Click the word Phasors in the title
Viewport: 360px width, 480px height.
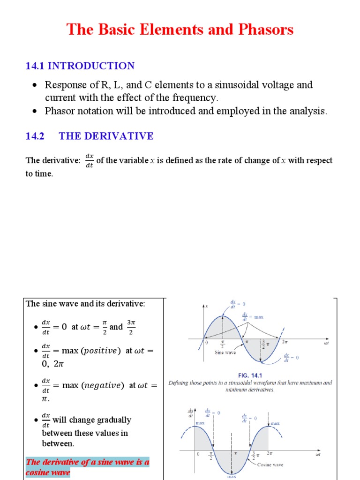click(x=266, y=30)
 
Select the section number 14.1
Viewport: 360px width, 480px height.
click(x=35, y=66)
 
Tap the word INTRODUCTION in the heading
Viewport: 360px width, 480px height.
click(x=91, y=66)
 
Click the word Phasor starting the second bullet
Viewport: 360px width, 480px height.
click(x=60, y=111)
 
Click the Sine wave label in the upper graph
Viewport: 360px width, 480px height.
click(x=225, y=352)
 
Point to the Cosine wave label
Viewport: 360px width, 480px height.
click(x=270, y=465)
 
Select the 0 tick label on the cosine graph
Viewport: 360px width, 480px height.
click(x=198, y=454)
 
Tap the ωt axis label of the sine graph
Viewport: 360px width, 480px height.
click(x=327, y=344)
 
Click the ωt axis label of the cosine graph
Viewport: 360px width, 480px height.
click(x=318, y=455)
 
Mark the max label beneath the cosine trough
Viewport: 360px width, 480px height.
click(x=232, y=477)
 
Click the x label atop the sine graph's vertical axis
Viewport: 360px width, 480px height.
click(x=207, y=306)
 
